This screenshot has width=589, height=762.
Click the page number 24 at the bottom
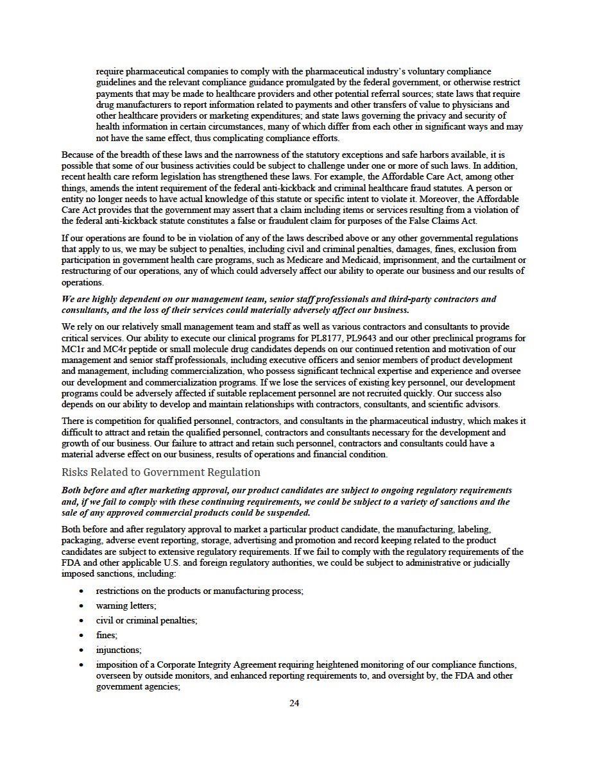pyautogui.click(x=294, y=703)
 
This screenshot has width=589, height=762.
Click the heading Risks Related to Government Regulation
pyautogui.click(x=161, y=473)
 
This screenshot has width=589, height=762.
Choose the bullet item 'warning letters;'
pyautogui.click(x=126, y=605)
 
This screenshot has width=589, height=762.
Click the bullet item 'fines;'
pyautogui.click(x=107, y=635)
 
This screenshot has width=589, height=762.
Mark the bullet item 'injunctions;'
pyautogui.click(x=119, y=650)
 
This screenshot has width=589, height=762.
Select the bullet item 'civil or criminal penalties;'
pyautogui.click(x=146, y=620)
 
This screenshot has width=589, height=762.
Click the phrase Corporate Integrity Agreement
pyautogui.click(x=211, y=665)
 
